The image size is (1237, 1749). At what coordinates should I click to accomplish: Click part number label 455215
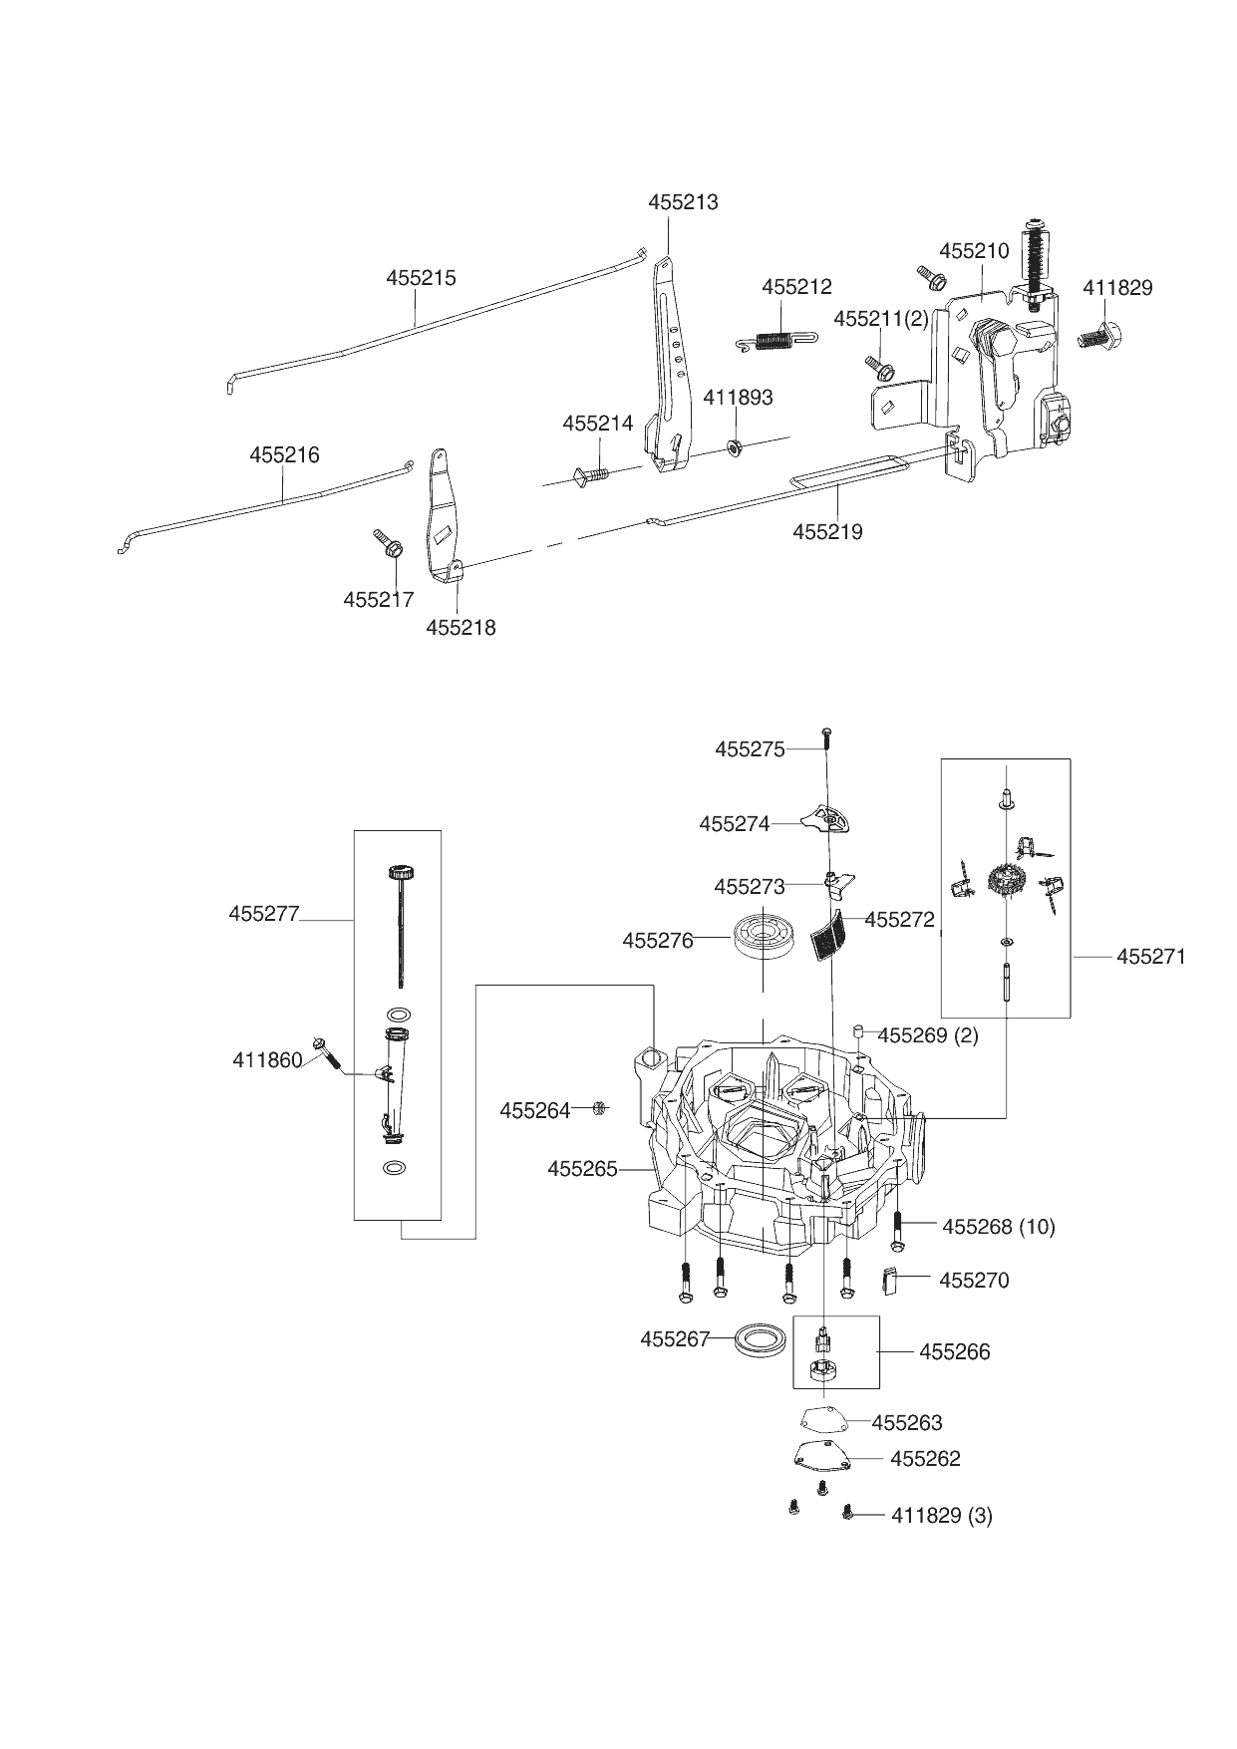tap(421, 278)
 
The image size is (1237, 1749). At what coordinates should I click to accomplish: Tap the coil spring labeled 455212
tap(773, 340)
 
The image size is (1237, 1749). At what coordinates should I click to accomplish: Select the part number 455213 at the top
tap(683, 201)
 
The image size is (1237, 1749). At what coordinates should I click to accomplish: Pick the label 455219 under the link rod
tap(827, 532)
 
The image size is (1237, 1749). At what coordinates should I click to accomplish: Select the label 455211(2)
tap(881, 319)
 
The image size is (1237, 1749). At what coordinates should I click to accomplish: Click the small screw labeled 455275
tap(826, 736)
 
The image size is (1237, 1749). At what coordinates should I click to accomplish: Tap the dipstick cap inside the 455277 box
tap(401, 873)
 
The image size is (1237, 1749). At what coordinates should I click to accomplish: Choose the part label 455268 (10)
tap(998, 1227)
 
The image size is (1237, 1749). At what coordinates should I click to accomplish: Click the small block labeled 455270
tap(892, 1281)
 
